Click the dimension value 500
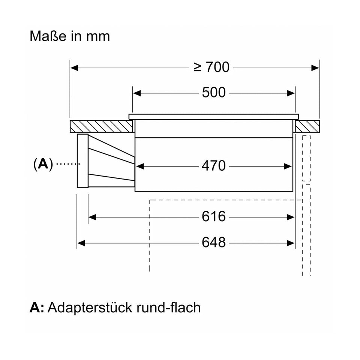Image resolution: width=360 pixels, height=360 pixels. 214,93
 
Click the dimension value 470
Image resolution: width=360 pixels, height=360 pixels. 214,165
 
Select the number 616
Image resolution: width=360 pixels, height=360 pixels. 214,216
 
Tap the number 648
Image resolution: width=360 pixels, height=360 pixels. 214,243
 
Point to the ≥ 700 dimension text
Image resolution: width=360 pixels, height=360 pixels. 212,67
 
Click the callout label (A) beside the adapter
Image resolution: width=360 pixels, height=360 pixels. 43,163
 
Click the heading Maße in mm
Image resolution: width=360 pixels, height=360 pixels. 70,36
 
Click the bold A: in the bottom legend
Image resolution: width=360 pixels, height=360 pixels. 37,308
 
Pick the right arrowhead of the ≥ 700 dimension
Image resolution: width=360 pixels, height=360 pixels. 315,68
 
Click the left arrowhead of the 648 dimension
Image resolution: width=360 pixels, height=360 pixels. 81,243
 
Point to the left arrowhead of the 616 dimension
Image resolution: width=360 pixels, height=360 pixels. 92,217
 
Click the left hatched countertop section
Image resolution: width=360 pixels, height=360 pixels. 101,126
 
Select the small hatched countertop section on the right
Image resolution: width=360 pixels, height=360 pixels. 307,126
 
